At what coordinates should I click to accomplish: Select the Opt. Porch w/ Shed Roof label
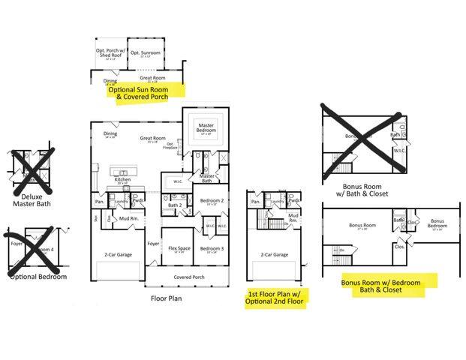[110, 53]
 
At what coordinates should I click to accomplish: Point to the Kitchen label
[123, 179]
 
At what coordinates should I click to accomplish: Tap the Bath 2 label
[175, 205]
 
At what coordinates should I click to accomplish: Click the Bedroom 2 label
[212, 200]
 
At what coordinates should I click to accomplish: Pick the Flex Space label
[178, 249]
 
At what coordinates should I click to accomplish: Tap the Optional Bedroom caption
[38, 277]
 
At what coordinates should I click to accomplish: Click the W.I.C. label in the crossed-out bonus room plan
[399, 150]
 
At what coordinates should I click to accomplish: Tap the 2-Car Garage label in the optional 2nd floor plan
[275, 255]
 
